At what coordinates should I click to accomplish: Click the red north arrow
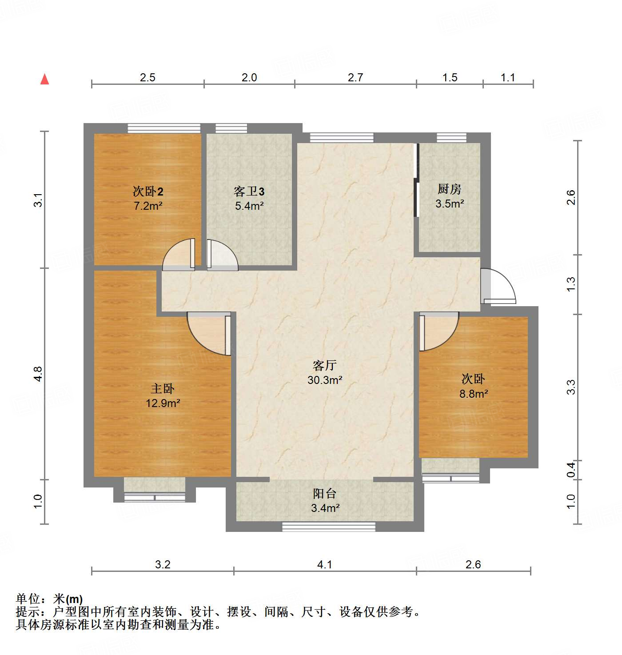point(44,79)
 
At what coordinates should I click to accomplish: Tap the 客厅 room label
point(325,365)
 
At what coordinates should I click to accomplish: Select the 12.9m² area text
point(163,403)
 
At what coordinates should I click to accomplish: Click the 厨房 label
point(450,189)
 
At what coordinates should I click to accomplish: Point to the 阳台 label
point(325,493)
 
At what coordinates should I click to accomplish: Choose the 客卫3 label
point(249,192)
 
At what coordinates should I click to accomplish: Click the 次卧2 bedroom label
point(148,192)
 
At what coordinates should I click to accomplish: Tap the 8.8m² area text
point(474,393)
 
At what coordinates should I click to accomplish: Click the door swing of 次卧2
point(179,256)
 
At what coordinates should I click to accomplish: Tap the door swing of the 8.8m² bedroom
point(438,331)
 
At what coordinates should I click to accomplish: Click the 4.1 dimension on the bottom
point(325,564)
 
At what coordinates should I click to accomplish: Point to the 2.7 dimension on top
point(355,77)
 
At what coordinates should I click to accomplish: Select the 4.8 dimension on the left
point(38,373)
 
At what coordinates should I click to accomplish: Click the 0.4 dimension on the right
point(571,470)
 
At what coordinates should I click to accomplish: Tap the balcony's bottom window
point(329,527)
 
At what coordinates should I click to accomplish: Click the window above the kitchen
point(451,137)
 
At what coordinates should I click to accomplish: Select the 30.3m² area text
point(325,380)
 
